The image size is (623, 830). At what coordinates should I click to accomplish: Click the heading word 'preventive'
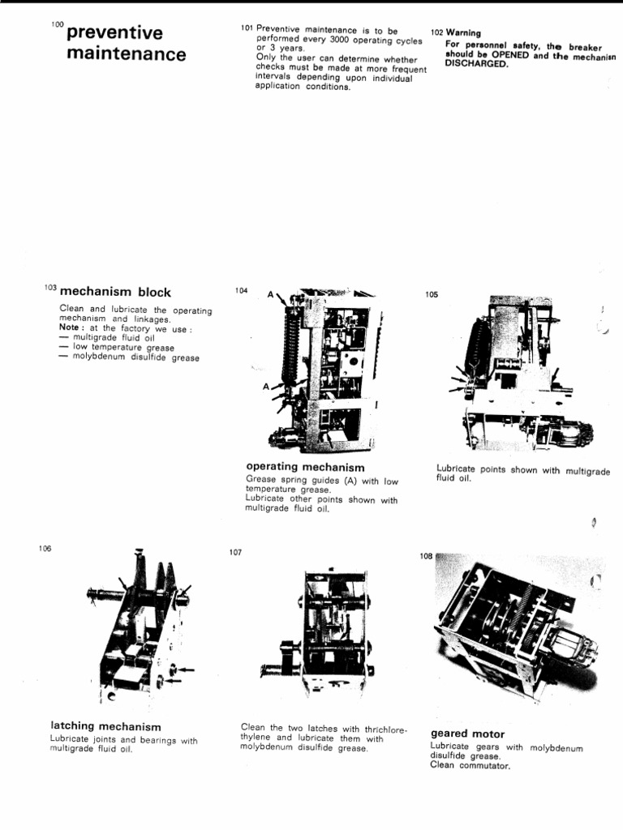114,33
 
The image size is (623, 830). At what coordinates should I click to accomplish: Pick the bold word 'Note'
71,327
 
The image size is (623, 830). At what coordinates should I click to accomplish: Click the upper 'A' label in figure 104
269,297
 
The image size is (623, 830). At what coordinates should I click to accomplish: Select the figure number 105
432,295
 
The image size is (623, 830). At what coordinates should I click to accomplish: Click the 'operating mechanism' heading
304,468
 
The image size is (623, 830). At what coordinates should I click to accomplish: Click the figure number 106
45,549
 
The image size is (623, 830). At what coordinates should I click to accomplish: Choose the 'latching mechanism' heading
105,726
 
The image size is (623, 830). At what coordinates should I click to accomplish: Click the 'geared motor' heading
467,734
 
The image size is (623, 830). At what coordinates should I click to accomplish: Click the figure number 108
426,557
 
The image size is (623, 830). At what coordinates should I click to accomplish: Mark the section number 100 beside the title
56,25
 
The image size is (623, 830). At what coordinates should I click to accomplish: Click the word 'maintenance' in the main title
126,55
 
